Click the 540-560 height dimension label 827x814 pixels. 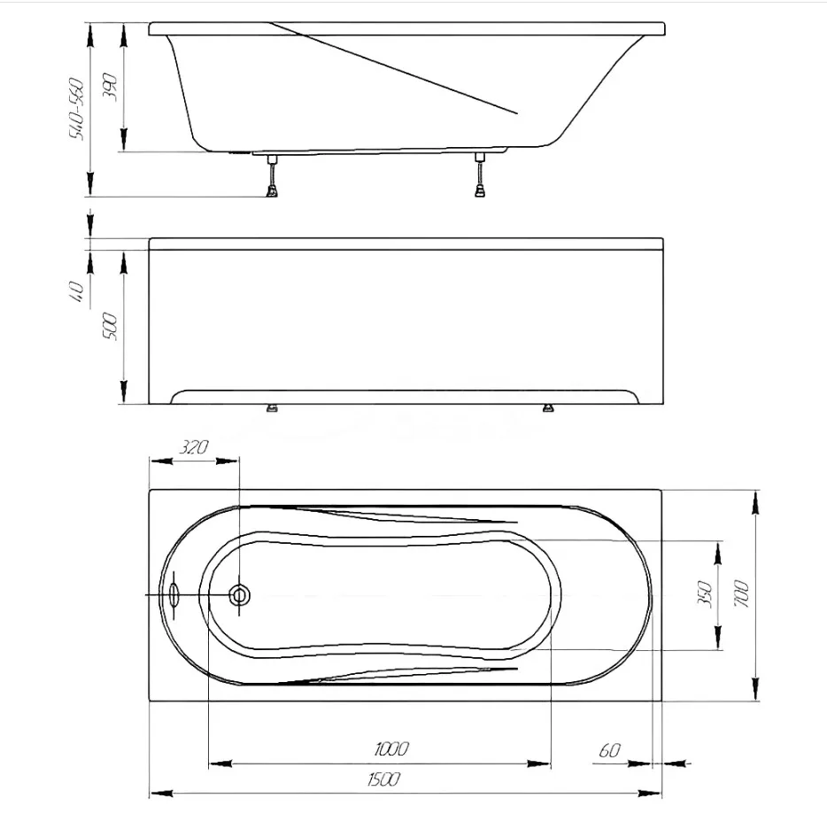click(x=76, y=109)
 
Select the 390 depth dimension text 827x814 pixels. click(x=110, y=88)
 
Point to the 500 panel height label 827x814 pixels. click(x=110, y=326)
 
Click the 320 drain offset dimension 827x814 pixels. click(x=194, y=447)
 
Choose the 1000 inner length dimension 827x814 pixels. click(x=391, y=748)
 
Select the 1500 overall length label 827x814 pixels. click(x=383, y=779)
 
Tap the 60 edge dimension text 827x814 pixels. click(x=609, y=749)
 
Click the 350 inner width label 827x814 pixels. click(x=705, y=594)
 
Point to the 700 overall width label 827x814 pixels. click(x=741, y=594)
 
